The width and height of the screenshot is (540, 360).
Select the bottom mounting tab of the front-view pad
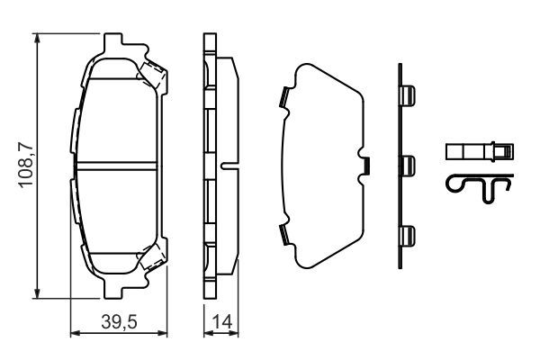tap(115, 287)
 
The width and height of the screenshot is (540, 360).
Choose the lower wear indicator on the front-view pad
tap(150, 259)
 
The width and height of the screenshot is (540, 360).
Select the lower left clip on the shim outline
tap(283, 236)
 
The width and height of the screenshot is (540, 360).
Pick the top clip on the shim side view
tap(407, 95)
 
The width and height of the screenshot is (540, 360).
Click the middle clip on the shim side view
tap(407, 165)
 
